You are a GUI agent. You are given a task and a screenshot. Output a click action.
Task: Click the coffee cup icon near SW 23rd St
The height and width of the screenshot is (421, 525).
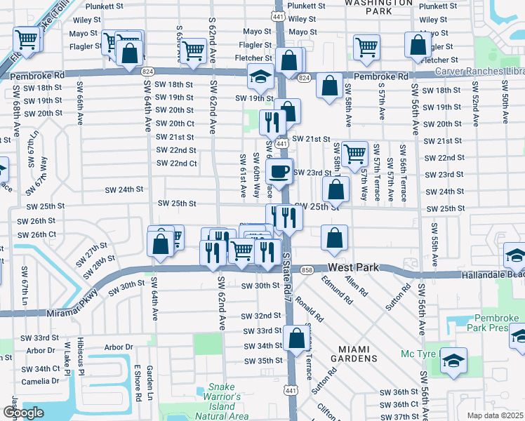(279, 171)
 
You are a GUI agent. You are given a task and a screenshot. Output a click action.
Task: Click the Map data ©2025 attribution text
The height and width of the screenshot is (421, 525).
(495, 415)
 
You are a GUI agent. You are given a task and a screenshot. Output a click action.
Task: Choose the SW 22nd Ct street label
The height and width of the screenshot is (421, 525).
(175, 163)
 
